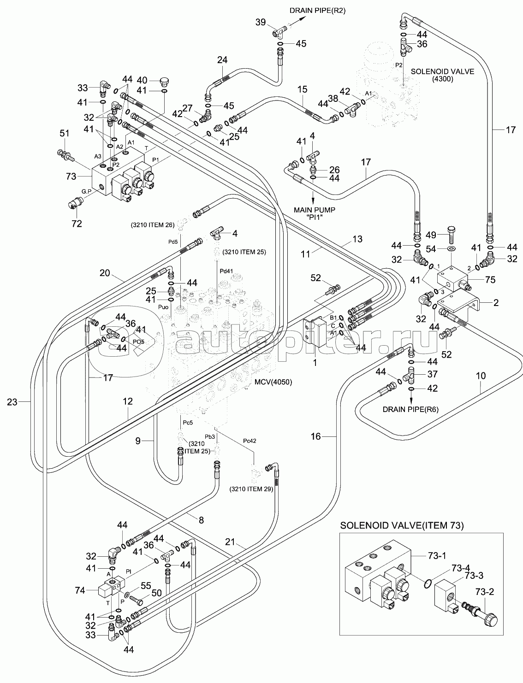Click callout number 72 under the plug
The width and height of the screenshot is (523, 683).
pyautogui.click(x=77, y=224)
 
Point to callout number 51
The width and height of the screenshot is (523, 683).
pyautogui.click(x=64, y=134)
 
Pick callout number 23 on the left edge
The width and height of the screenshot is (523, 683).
pyautogui.click(x=12, y=402)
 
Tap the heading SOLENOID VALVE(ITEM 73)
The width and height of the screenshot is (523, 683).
pyautogui.click(x=402, y=525)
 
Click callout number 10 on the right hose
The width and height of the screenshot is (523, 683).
pyautogui.click(x=481, y=376)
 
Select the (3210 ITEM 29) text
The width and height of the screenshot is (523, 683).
pyautogui.click(x=252, y=489)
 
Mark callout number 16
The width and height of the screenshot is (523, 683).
pyautogui.click(x=315, y=436)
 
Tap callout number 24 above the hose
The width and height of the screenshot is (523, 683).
pyautogui.click(x=222, y=60)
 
